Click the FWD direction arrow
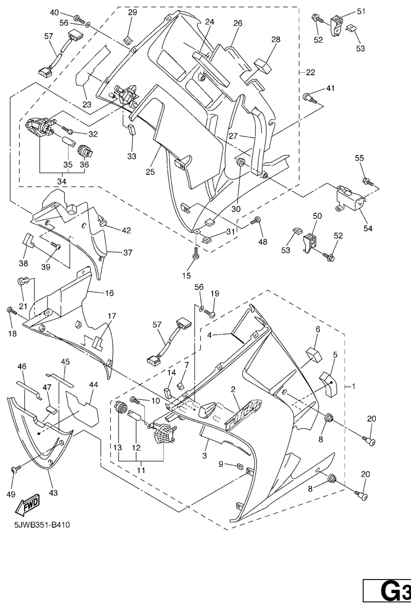pos(25,506)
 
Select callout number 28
pos(276,40)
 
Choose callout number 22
pos(310,72)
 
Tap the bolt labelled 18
pos(12,311)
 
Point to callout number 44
pos(93,385)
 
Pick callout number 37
pos(128,252)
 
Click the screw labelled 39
pos(55,246)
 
